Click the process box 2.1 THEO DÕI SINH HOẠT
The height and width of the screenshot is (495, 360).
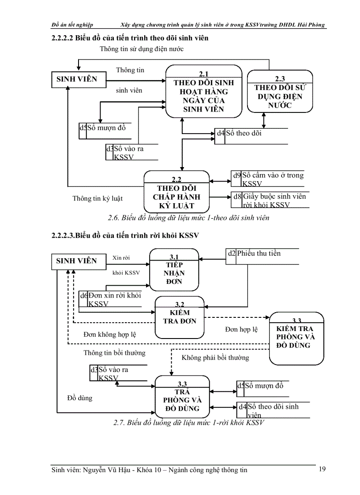203,92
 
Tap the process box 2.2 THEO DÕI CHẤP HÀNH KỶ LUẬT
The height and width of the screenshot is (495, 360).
176,192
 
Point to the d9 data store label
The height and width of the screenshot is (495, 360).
237,175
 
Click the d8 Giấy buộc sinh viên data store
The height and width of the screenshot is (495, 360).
269,201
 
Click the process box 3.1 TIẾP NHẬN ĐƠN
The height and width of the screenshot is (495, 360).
174,269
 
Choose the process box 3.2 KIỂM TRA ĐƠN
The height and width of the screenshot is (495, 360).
180,316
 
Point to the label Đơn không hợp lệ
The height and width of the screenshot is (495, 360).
110,335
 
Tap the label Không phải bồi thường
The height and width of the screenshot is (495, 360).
215,357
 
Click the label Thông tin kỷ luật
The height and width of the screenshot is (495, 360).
97,198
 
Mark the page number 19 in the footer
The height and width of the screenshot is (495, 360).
322,469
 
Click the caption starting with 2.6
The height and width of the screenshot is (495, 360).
188,217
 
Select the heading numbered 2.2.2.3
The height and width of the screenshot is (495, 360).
125,236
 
